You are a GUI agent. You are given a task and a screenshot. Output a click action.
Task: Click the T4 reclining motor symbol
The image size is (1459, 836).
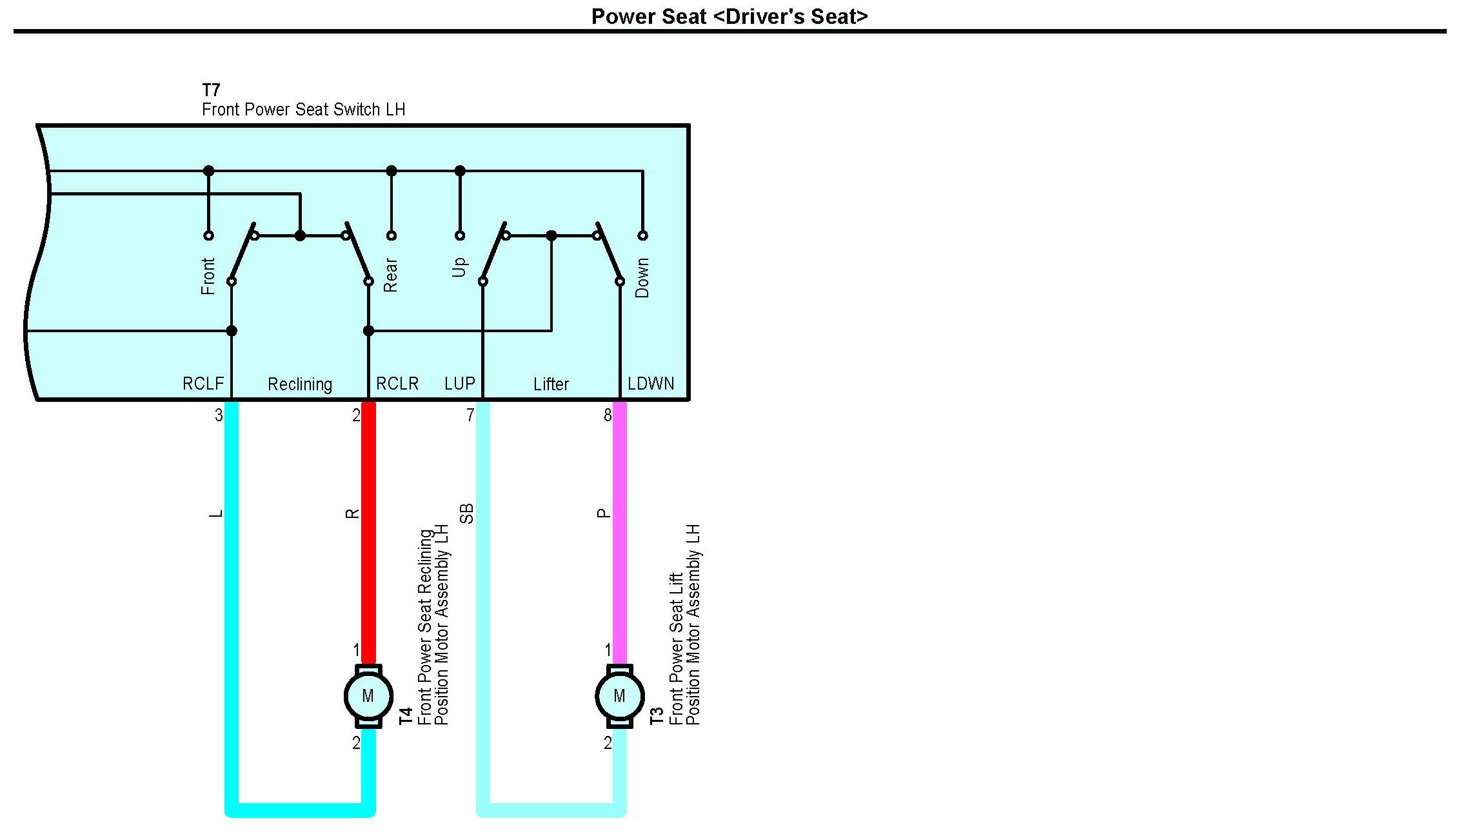368,696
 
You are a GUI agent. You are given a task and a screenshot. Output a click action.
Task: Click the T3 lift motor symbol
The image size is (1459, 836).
619,696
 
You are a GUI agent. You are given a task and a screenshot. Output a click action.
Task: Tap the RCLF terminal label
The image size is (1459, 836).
203,384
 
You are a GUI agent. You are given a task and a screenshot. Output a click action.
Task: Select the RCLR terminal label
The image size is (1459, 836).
397,384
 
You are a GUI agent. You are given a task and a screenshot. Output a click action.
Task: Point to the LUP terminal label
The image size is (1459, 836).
459,384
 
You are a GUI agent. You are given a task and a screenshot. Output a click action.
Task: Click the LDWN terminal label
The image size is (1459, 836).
651,384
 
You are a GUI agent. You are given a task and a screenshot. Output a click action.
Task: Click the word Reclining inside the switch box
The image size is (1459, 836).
300,384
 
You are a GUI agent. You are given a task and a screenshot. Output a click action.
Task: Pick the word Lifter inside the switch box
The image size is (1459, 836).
551,384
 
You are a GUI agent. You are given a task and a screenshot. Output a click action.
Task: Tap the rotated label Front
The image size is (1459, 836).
208,276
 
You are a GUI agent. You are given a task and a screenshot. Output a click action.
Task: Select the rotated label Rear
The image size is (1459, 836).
391,275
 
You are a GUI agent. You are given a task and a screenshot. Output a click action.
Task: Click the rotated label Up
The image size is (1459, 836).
459,267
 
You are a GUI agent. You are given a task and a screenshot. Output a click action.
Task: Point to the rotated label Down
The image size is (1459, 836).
642,277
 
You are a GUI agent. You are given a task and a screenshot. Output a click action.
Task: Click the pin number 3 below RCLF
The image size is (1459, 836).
219,415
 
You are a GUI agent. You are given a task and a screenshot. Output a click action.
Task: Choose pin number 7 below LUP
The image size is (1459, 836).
470,415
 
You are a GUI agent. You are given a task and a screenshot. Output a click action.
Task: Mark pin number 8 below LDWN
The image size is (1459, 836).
607,415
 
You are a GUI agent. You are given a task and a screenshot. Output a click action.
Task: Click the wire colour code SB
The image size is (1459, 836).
466,513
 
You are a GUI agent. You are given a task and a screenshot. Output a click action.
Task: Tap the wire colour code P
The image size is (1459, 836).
603,513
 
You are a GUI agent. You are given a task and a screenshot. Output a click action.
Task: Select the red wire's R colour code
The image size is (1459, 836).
352,513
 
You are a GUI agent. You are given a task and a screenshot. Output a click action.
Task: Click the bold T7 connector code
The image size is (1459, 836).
211,90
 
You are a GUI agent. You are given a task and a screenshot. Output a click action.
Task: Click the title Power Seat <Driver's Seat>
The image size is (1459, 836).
729,16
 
